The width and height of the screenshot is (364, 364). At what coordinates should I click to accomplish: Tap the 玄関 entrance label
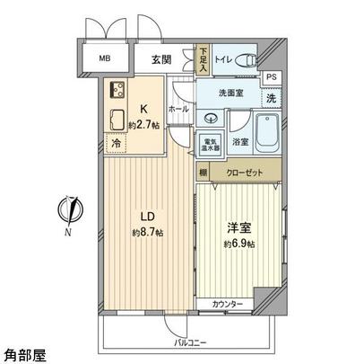(x=161, y=60)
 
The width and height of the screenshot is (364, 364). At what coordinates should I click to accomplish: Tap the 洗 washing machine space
(x=271, y=98)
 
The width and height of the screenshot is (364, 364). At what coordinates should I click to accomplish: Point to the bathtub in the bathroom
(x=266, y=136)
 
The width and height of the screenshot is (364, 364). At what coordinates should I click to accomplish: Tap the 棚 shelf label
(x=204, y=172)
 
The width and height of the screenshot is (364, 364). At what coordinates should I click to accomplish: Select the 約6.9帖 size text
(x=239, y=244)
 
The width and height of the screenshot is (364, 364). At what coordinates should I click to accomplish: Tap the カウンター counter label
(x=228, y=305)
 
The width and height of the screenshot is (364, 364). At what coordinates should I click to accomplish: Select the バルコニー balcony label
(x=189, y=342)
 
